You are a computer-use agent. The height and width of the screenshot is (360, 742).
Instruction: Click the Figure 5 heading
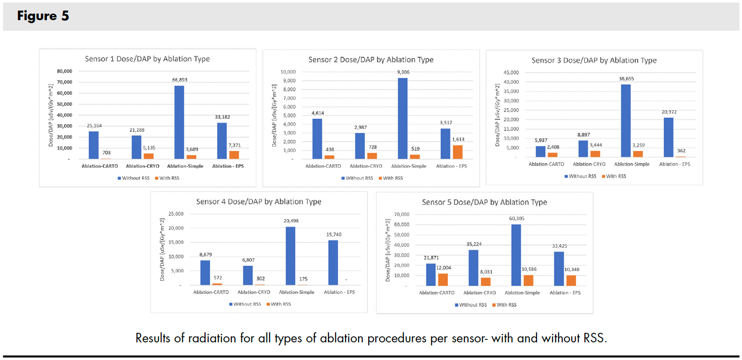43,16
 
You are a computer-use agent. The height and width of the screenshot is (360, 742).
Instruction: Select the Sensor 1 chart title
147,59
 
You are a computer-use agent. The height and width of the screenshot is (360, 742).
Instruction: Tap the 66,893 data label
179,80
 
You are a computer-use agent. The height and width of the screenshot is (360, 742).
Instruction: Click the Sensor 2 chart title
371,59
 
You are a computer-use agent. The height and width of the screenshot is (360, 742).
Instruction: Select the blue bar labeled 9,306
402,118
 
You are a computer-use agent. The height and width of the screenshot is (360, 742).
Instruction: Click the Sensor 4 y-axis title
162,249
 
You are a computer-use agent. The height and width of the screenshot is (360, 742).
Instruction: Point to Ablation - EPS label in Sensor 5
565,293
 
